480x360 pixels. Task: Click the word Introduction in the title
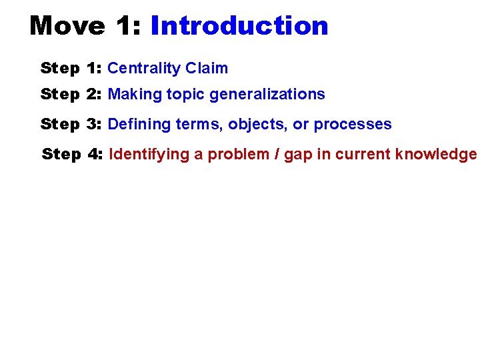point(239,26)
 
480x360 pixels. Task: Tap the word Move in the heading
point(67,26)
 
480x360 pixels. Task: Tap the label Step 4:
point(72,155)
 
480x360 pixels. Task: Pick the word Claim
point(207,68)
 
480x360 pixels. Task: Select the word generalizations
point(267,94)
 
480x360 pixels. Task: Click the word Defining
point(138,125)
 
